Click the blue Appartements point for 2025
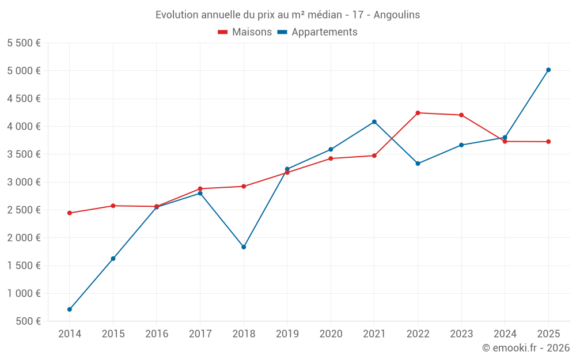[548, 70]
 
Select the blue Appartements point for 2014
[70, 309]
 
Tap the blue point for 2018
[244, 247]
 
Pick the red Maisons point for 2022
[418, 113]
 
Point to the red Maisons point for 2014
[70, 213]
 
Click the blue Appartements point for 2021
[374, 122]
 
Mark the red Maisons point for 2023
[461, 115]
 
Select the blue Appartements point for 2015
[113, 259]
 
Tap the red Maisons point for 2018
[244, 186]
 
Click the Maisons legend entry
[245, 32]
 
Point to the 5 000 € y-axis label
[24, 71]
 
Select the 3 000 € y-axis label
[24, 182]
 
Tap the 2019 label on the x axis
[287, 334]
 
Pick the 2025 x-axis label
[548, 334]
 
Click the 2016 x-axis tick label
[157, 334]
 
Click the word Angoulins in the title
[397, 15]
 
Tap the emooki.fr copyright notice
[526, 348]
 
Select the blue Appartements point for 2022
[418, 164]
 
